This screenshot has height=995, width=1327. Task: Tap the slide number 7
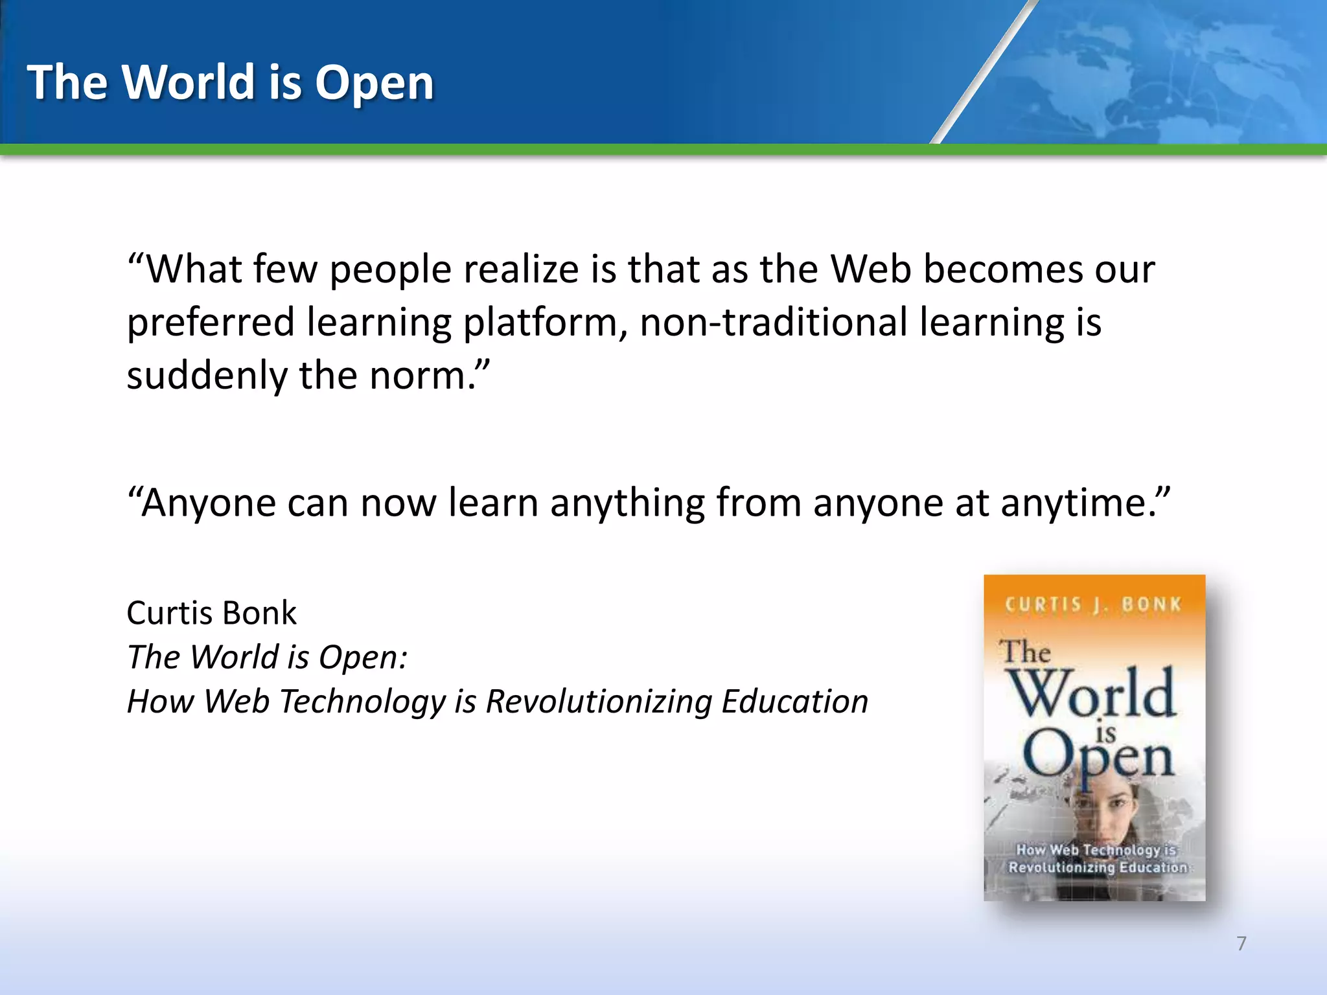coord(1241,943)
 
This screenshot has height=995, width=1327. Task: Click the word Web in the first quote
coord(871,269)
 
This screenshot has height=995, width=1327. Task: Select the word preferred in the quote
coord(211,323)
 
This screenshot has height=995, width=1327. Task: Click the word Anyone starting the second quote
coord(207,503)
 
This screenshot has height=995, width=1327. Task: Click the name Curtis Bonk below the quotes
coord(211,613)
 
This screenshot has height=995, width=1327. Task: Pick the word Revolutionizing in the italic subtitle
coord(599,702)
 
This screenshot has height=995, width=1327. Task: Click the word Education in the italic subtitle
coord(794,702)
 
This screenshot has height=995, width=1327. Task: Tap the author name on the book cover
coord(1093,604)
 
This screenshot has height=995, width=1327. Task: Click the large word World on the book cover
coord(1093,693)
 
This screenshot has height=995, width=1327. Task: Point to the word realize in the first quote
coord(520,269)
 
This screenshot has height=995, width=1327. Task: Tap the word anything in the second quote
coord(627,503)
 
